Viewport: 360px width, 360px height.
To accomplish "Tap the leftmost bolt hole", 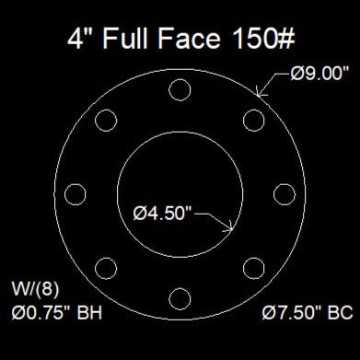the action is coord(64,194).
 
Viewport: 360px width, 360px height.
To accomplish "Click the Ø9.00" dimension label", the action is coord(319,74).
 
